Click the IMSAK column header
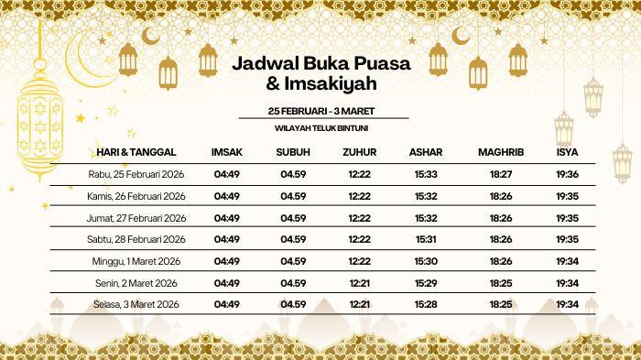tap(226, 151)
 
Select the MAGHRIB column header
tap(500, 151)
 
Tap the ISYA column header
tap(567, 151)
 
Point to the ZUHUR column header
tap(359, 151)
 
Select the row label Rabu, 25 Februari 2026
tap(137, 174)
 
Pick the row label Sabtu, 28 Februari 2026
tap(137, 239)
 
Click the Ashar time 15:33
tap(425, 174)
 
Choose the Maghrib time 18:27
tap(501, 174)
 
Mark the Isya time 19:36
tap(567, 174)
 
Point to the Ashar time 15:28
tap(425, 304)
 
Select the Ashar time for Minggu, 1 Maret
tap(425, 261)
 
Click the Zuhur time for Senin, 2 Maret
tap(359, 282)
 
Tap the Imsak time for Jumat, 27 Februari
tap(226, 218)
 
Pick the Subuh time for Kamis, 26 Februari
tap(293, 196)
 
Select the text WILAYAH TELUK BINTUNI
tap(320, 129)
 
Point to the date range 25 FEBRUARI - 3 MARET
tap(320, 111)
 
